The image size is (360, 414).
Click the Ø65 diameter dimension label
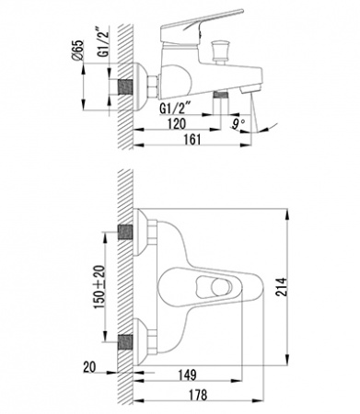(77, 50)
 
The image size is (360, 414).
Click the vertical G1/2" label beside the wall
(104, 44)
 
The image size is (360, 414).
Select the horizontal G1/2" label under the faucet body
(176, 109)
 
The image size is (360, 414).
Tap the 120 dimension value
(177, 123)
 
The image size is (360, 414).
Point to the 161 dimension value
(192, 139)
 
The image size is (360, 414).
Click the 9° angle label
(238, 124)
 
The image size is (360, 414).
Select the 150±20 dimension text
(99, 286)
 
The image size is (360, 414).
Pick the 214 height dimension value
(282, 287)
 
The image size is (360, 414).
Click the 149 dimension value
(188, 374)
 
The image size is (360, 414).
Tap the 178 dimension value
(198, 395)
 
